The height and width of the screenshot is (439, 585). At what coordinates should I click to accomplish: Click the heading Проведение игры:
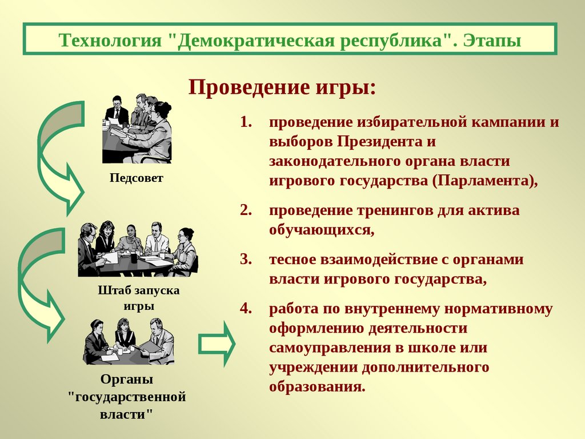click(282, 88)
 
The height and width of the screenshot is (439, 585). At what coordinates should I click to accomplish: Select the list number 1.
click(246, 122)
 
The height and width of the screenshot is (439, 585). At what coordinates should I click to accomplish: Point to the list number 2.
click(246, 210)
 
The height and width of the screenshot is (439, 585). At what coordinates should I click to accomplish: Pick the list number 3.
click(246, 259)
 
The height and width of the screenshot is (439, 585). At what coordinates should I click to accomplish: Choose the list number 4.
click(246, 308)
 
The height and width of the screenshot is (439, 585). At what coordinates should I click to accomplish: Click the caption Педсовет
click(136, 178)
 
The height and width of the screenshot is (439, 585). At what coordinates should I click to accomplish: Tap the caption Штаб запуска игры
click(139, 298)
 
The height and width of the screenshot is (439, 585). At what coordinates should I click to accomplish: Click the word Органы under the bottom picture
click(127, 380)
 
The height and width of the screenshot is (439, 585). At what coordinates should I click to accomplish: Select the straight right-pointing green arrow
click(217, 344)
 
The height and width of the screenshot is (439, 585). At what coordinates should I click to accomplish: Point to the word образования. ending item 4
click(317, 386)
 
